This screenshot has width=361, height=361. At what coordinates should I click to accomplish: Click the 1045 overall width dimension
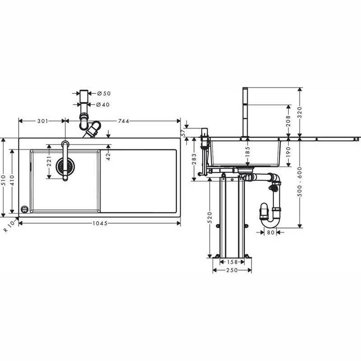[100, 223]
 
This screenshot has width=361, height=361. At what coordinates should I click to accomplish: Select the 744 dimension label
[123, 121]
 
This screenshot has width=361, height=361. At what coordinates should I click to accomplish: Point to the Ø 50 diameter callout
[105, 93]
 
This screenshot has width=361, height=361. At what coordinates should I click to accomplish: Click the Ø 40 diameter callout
[105, 105]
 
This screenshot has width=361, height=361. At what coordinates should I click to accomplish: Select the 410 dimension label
[12, 180]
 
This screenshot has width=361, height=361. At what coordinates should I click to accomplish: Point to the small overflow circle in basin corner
[24, 208]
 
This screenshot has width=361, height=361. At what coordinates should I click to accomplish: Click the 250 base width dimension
[232, 271]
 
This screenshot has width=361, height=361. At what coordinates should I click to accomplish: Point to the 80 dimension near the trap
[270, 232]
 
